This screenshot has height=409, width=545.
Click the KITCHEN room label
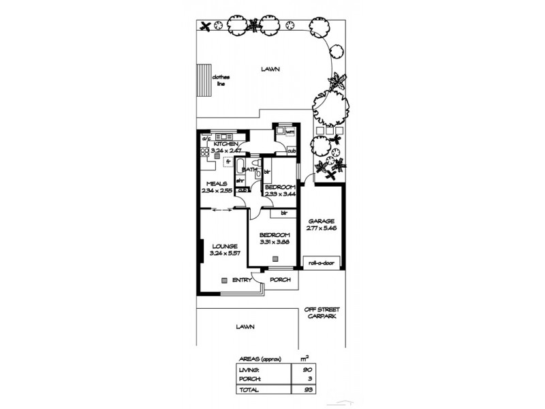225,145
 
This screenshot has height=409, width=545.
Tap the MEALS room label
216,183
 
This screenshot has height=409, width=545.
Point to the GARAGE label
320,222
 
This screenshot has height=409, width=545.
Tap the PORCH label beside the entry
281,280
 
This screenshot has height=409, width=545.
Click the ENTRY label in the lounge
241,280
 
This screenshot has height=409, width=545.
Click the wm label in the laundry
289,132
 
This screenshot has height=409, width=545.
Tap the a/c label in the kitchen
205,139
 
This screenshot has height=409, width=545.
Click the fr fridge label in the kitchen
229,162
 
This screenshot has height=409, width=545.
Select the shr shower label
240,180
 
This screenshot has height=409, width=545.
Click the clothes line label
221,80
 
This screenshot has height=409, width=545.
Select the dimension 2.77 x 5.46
320,229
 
